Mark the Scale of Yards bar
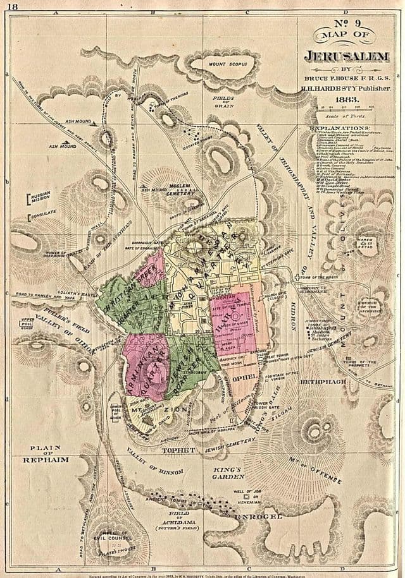point(346,110)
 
